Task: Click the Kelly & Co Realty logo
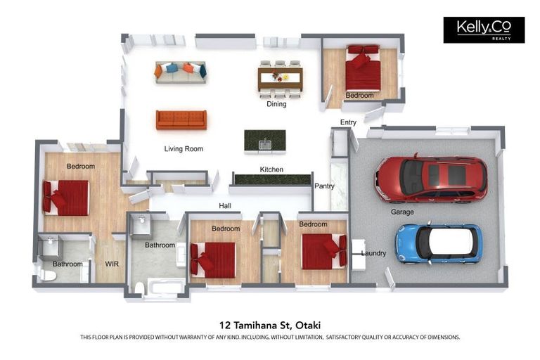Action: click(x=484, y=30)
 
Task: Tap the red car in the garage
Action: click(x=431, y=179)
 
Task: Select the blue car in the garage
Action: click(x=438, y=244)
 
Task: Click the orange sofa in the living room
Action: click(x=181, y=120)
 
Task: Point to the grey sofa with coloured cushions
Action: click(x=181, y=72)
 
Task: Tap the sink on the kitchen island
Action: click(x=265, y=145)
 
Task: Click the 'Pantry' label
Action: click(x=324, y=186)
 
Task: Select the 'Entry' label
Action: click(x=348, y=122)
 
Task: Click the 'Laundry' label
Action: click(x=373, y=253)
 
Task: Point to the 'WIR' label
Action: click(x=112, y=264)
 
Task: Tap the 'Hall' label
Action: click(x=225, y=206)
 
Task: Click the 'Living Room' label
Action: click(x=184, y=149)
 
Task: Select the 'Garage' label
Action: click(x=402, y=212)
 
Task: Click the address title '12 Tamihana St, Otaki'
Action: click(x=270, y=325)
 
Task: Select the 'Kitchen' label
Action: click(x=271, y=169)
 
